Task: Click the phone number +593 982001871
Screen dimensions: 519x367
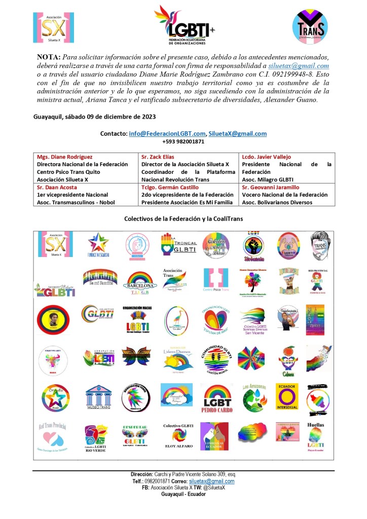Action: click(183, 142)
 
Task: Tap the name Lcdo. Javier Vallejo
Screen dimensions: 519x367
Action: click(266, 157)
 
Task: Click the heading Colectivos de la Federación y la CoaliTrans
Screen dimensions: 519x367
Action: click(183, 219)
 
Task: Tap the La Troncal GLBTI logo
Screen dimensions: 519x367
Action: click(176, 245)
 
